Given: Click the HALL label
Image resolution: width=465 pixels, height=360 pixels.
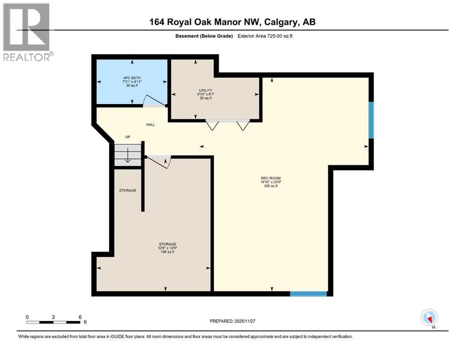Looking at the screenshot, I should (x=150, y=125).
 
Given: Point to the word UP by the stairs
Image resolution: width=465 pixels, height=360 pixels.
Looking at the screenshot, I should (x=127, y=137).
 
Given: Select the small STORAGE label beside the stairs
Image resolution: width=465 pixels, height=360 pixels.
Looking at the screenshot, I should (x=127, y=190).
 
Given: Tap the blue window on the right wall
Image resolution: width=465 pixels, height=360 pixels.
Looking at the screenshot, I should (x=371, y=120).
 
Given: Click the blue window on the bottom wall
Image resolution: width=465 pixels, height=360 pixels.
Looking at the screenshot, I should (x=308, y=294).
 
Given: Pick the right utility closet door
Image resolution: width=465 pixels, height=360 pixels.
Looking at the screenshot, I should (x=243, y=125).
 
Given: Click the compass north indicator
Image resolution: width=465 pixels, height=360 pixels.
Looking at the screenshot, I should (x=429, y=318).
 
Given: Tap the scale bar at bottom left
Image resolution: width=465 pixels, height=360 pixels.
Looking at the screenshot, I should (x=54, y=322).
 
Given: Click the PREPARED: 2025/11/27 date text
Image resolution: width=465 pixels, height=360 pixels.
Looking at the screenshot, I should (x=232, y=321).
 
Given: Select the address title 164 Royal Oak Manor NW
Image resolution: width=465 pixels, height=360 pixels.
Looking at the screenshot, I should (x=232, y=22).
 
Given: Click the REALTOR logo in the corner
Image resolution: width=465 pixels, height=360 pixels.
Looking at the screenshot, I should (x=27, y=32).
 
